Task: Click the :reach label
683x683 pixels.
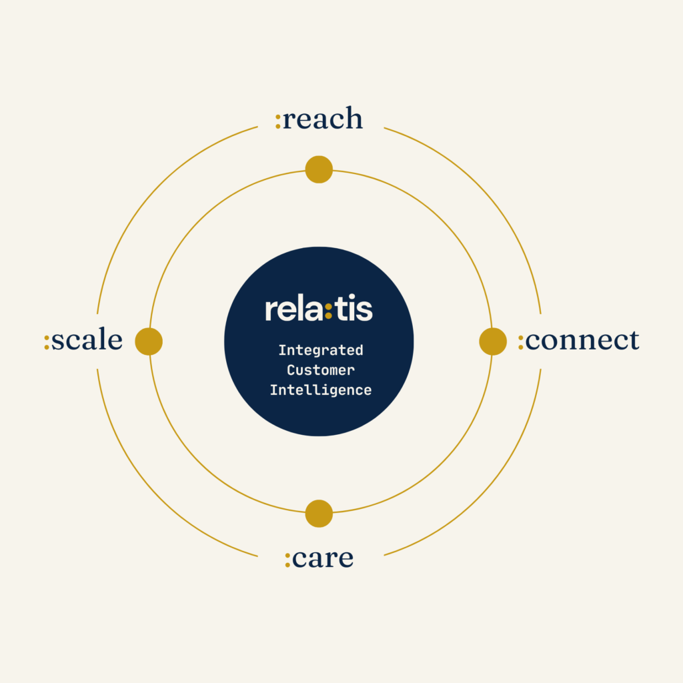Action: tap(319, 118)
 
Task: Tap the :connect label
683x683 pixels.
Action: tap(578, 339)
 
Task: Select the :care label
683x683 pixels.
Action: tap(319, 558)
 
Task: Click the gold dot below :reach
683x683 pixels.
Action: tap(319, 169)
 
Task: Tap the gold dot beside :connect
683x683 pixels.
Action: tap(493, 341)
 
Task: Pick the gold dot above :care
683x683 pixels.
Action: tap(319, 514)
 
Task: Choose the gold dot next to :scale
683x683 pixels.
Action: tap(149, 341)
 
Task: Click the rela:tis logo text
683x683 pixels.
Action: tap(319, 308)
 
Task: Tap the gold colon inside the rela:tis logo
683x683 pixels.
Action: tap(328, 311)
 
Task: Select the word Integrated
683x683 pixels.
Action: tap(321, 350)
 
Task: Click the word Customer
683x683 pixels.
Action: tap(321, 370)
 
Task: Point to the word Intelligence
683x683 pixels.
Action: tap(321, 390)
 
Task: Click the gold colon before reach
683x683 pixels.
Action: tap(278, 121)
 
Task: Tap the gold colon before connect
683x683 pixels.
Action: tap(520, 342)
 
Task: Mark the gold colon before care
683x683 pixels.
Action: tap(287, 560)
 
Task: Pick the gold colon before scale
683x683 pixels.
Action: tap(47, 342)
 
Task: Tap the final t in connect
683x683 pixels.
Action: tap(634, 341)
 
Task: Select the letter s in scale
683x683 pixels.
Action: tap(57, 341)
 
